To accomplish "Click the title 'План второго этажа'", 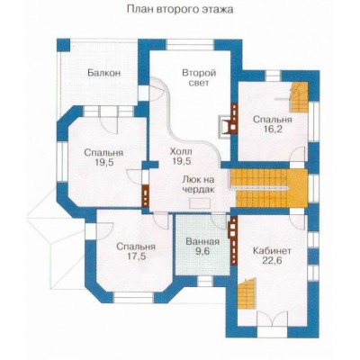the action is (x=180, y=9).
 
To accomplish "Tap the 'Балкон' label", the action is (x=104, y=73).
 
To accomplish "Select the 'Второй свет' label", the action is (x=199, y=77).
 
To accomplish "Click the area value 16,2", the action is (x=272, y=130).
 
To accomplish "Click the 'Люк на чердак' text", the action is (x=199, y=184).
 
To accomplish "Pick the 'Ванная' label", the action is (x=202, y=241).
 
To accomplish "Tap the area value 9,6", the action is (x=202, y=251).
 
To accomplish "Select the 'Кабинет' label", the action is (x=272, y=250).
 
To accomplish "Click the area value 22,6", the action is (x=272, y=261).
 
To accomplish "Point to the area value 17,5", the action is (x=136, y=257).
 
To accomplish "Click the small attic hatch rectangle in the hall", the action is (x=200, y=202).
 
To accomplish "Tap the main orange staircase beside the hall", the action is (x=269, y=188).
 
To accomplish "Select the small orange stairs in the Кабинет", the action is (x=247, y=293).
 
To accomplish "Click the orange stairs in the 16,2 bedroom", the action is (x=299, y=97).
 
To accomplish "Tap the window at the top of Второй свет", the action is (x=191, y=45).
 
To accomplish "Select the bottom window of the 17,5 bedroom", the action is (x=134, y=298).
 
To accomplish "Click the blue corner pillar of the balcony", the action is (x=63, y=45).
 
